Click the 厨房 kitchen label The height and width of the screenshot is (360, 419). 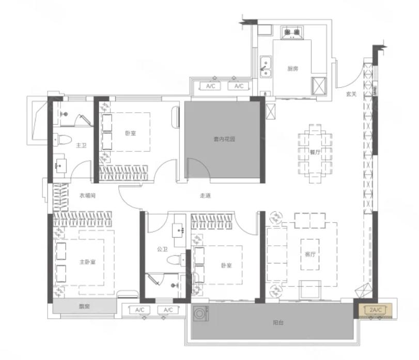click(292, 69)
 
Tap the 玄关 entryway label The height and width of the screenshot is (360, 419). click(351, 94)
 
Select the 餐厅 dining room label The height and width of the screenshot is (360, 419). click(315, 152)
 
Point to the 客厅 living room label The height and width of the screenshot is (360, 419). click(310, 254)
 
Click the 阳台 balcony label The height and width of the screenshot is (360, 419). click(278, 322)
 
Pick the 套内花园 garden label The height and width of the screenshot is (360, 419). click(224, 139)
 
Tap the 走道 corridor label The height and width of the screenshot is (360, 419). click(205, 196)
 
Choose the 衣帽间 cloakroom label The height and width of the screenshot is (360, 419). click(87, 195)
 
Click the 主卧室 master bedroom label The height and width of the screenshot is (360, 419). click(87, 262)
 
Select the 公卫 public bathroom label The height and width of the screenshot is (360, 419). click(162, 249)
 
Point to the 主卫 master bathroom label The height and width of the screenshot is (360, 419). click(81, 145)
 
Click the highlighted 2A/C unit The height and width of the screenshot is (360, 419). click(376, 310)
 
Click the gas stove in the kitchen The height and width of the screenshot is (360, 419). click(292, 33)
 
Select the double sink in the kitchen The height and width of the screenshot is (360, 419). click(266, 67)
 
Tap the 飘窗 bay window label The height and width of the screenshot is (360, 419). click(84, 306)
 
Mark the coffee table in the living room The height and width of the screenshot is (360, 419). click(310, 254)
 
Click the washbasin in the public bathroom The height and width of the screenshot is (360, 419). click(179, 230)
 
